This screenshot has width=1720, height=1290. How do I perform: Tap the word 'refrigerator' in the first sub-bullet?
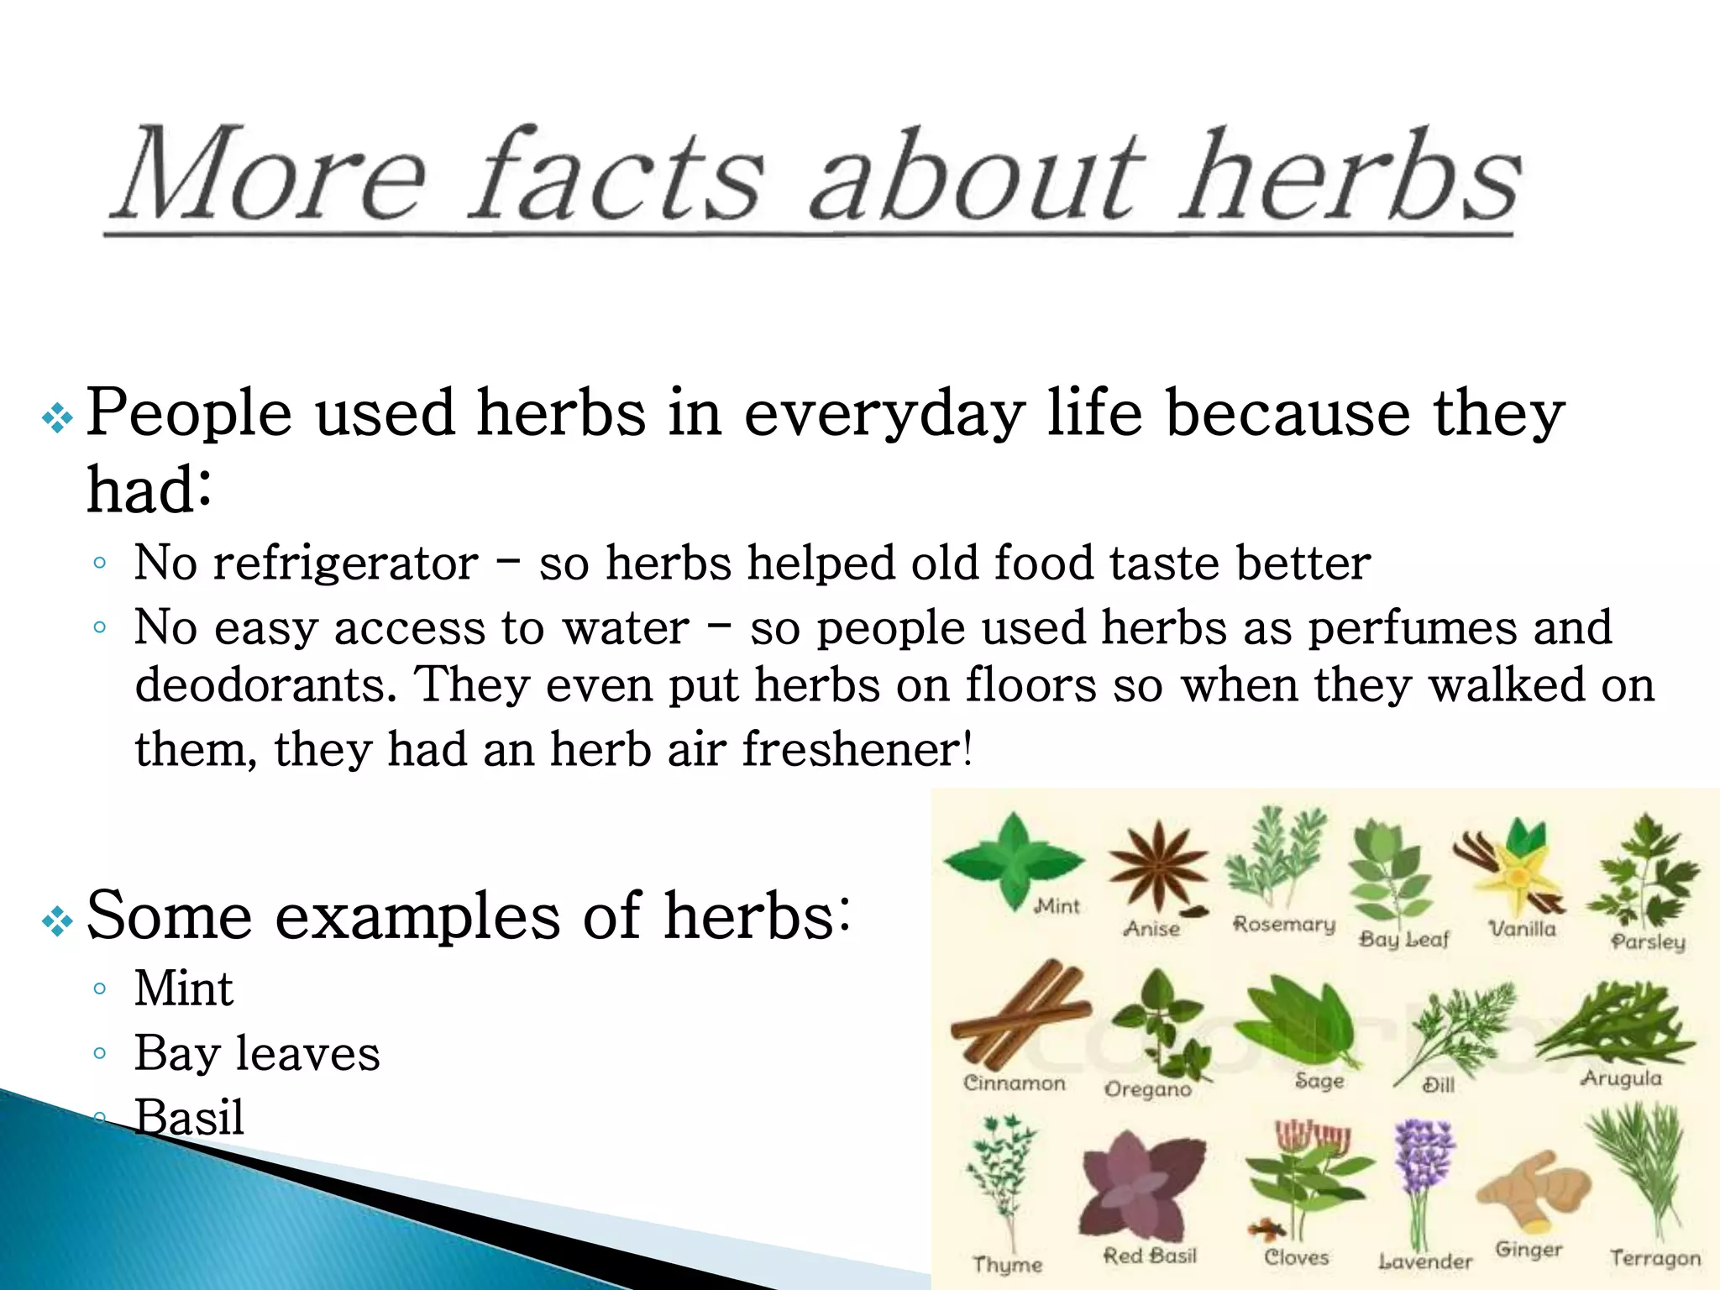(x=345, y=563)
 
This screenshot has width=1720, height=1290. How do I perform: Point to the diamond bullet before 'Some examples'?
(x=57, y=921)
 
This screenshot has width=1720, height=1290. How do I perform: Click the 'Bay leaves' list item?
(x=257, y=1053)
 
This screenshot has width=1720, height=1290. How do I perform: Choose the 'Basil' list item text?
(x=189, y=1118)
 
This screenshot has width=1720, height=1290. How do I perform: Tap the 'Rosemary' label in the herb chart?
(x=1283, y=925)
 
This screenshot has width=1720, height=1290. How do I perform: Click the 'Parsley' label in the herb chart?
(x=1648, y=941)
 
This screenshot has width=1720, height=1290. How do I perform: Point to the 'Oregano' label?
(x=1147, y=1089)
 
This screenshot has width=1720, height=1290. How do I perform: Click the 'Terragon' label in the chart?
(x=1654, y=1258)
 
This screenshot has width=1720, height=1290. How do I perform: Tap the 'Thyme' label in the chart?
(x=1007, y=1264)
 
